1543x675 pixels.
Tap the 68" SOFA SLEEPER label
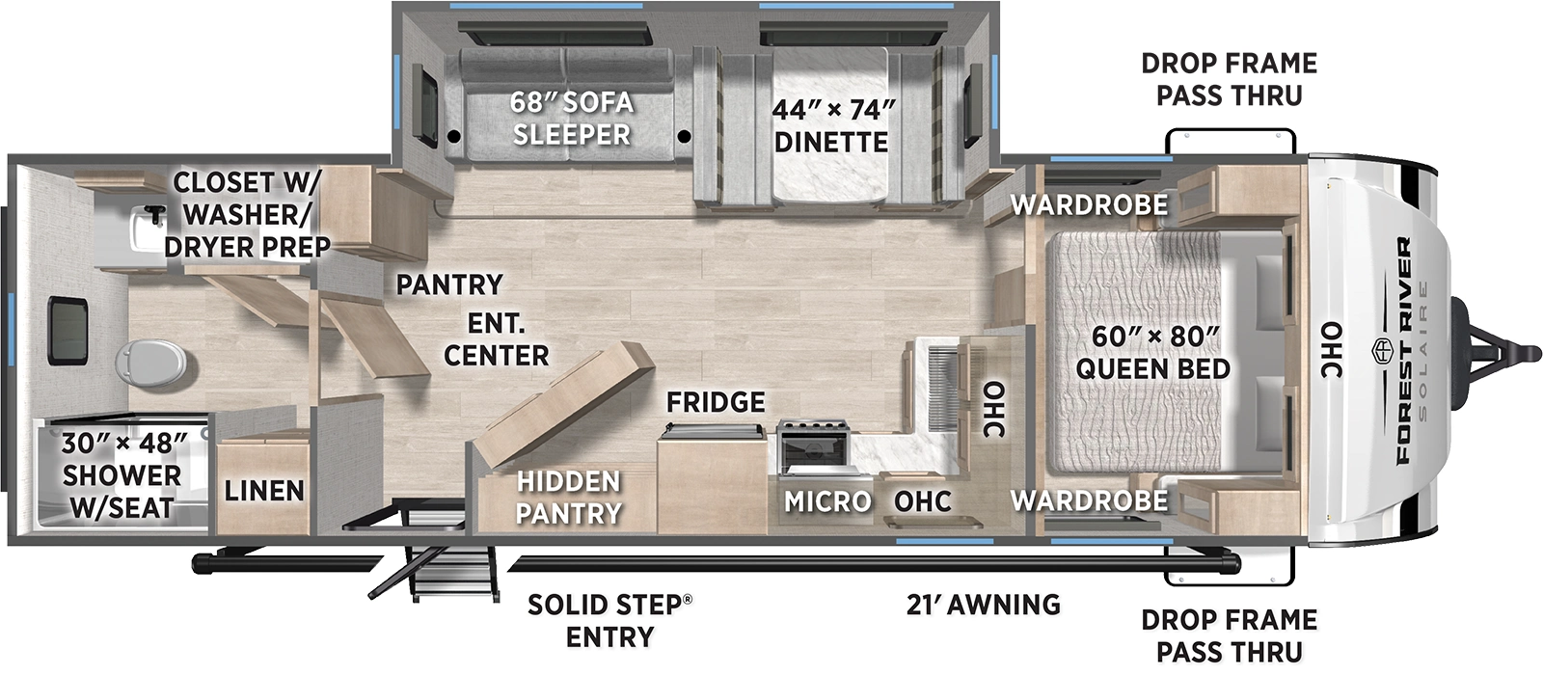click(x=572, y=118)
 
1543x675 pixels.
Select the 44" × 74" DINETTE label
click(x=831, y=125)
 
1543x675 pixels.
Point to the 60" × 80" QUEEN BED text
click(x=1153, y=352)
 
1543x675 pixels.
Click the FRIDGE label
click(x=716, y=402)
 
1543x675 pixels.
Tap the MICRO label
click(x=827, y=501)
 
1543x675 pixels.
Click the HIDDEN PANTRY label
click(x=568, y=497)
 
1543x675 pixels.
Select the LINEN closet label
click(x=264, y=491)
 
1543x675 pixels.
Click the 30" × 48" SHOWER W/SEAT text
click(x=122, y=474)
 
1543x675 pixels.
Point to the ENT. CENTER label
click(x=496, y=338)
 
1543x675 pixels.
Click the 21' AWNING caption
click(x=983, y=605)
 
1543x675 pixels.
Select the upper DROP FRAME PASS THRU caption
click(x=1229, y=79)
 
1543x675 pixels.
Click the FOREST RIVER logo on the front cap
click(x=1404, y=351)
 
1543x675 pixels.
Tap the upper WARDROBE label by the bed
click(x=1089, y=204)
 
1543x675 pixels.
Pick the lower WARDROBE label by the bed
click(x=1089, y=500)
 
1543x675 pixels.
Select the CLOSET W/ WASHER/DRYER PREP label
click(x=248, y=214)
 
